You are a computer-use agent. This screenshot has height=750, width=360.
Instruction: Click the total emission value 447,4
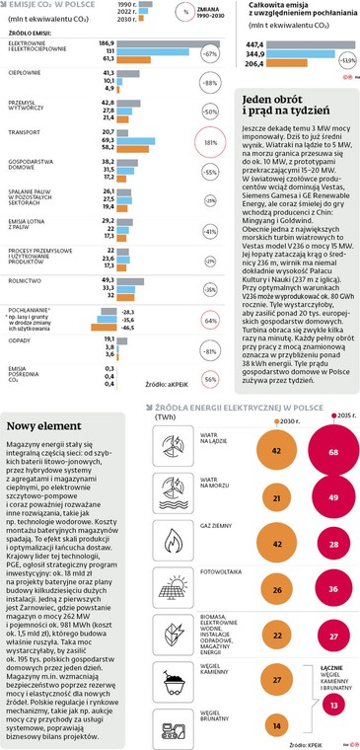255,44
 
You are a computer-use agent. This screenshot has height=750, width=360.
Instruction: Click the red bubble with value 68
333,451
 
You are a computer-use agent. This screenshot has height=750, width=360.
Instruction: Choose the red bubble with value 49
333,498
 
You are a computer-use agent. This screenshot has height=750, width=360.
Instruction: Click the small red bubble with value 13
333,706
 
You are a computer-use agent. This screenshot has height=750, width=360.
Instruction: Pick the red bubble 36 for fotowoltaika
333,589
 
